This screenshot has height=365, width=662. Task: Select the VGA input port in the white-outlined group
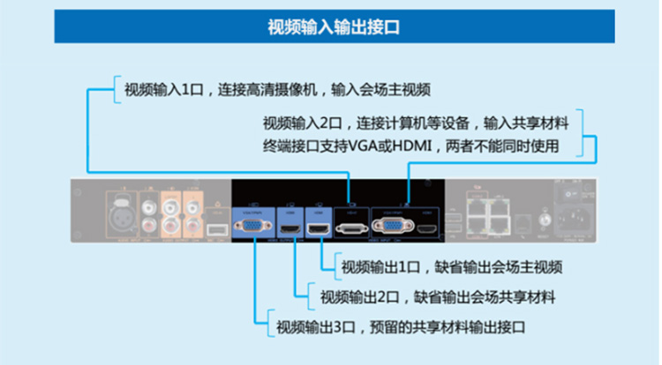[391, 227]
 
